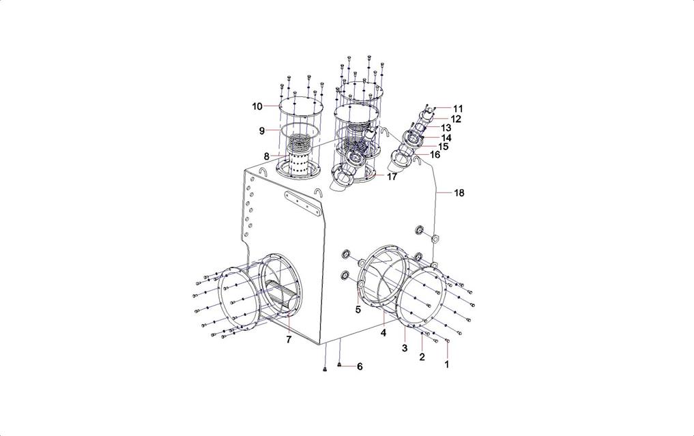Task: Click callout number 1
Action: tap(446, 364)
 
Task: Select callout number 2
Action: tap(422, 357)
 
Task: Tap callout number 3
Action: tap(405, 349)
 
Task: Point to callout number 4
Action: tap(384, 333)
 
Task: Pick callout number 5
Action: tap(358, 310)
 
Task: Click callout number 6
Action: tap(360, 366)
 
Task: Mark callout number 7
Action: tap(289, 340)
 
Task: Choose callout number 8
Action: tap(266, 156)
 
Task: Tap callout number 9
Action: tap(261, 131)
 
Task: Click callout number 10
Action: tap(257, 106)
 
